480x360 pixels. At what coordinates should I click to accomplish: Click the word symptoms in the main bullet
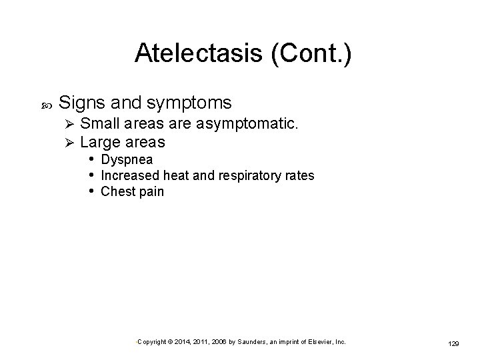[187, 103]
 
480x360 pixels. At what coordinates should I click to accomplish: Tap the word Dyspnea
[127, 160]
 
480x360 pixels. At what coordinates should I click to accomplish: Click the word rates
[299, 176]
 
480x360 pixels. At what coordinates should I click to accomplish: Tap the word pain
[151, 193]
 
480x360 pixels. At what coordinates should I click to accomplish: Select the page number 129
[453, 343]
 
